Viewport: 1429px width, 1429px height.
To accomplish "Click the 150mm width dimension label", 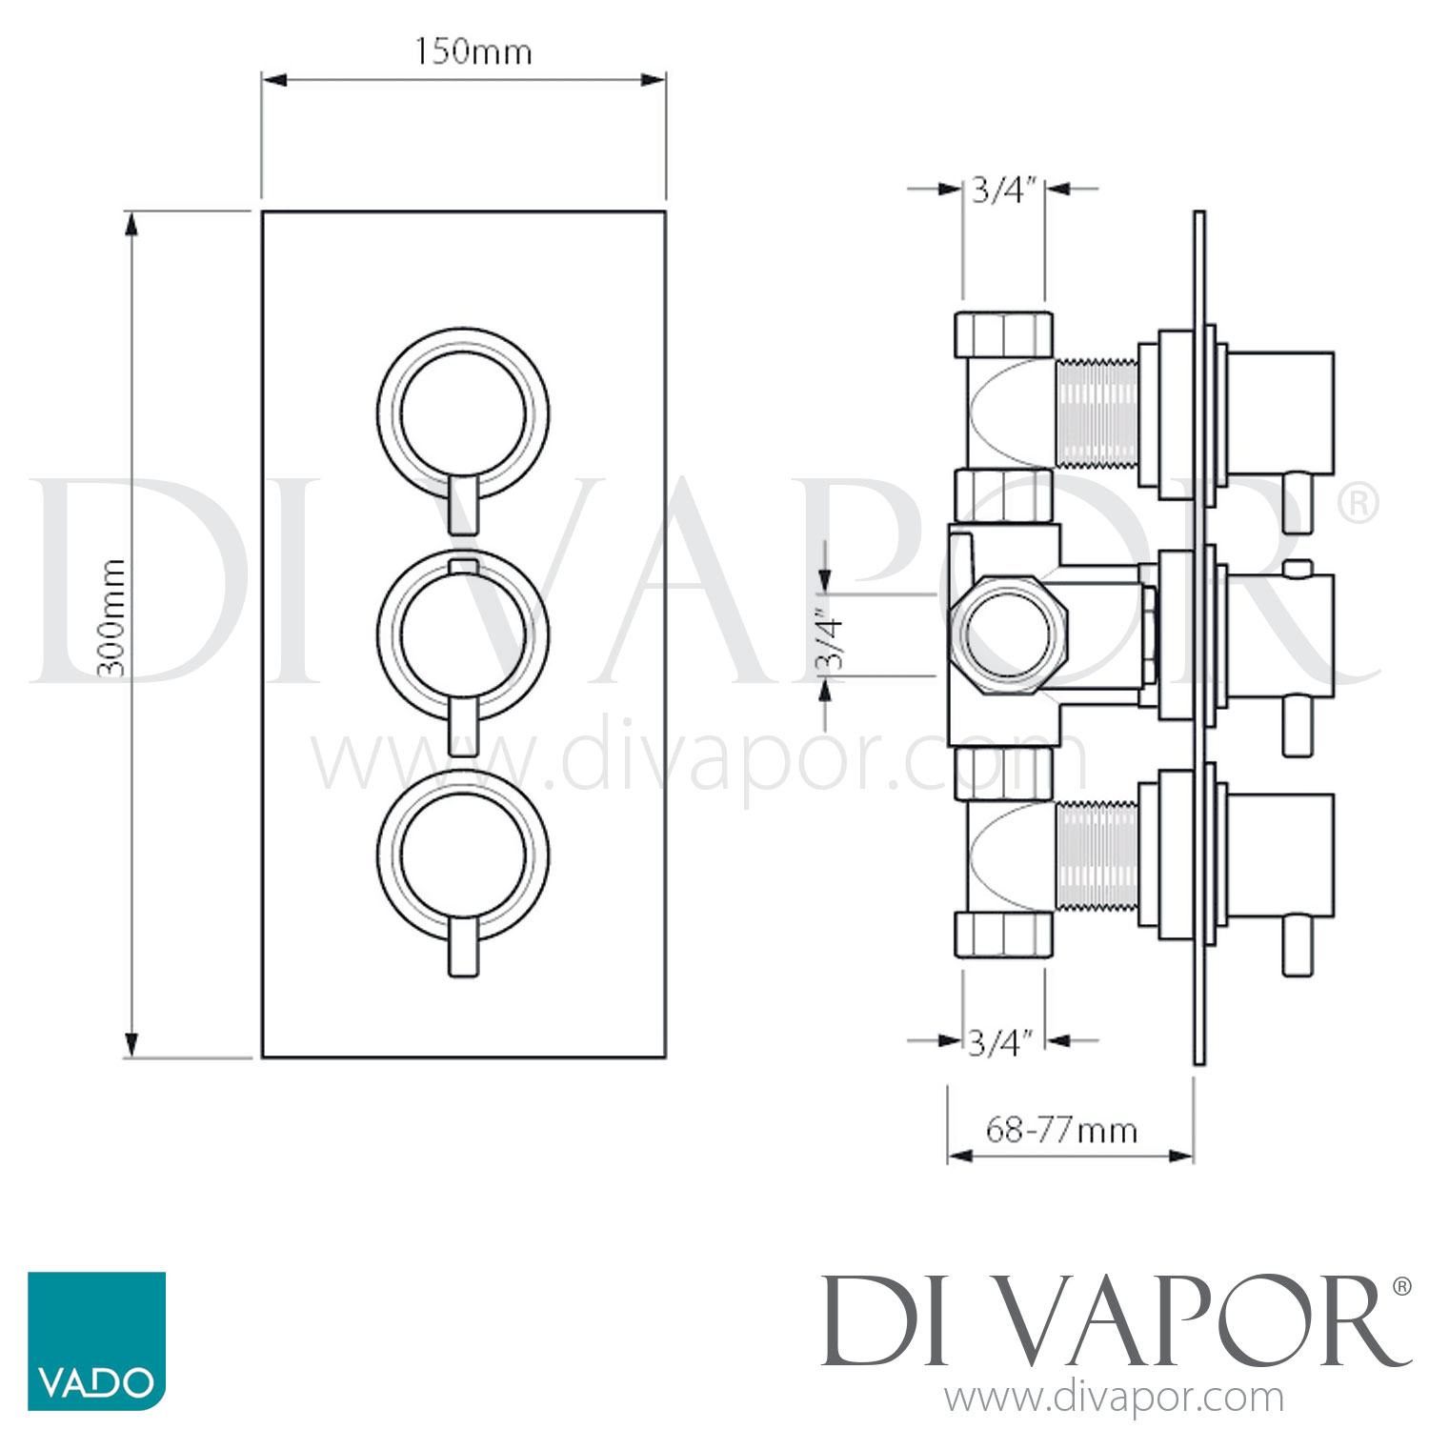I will [x=473, y=51].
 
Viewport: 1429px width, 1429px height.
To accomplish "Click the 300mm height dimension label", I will [x=112, y=617].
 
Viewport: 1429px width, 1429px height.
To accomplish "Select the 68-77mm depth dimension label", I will [x=1061, y=1130].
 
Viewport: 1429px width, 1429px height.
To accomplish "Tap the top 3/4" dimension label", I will [x=1003, y=191].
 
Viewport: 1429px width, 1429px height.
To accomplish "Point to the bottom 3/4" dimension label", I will [x=1000, y=1043].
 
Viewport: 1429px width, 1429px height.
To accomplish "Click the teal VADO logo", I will [x=96, y=1340].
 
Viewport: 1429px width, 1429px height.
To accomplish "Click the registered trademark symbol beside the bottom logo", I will [x=1401, y=1287].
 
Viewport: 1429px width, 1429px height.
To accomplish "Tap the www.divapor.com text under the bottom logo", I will [x=1114, y=1399].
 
